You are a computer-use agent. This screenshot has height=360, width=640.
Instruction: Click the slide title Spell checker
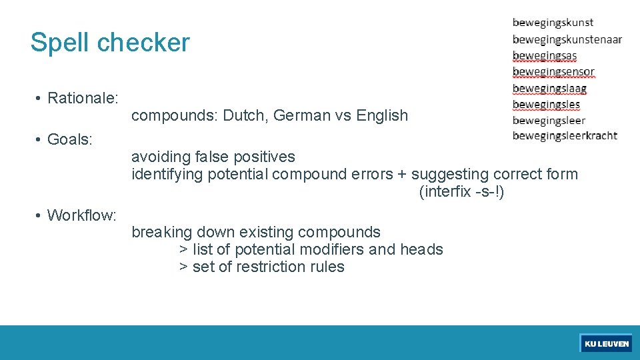click(110, 43)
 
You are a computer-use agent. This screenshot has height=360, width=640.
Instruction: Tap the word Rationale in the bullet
click(82, 99)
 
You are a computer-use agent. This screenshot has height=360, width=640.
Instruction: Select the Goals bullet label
click(70, 140)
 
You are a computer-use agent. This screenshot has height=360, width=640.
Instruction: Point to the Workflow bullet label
click(81, 216)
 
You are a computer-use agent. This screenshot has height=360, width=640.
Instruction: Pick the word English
click(382, 116)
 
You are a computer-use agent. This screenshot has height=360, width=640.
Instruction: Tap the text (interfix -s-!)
click(461, 192)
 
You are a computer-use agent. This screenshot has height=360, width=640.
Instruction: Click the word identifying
click(167, 175)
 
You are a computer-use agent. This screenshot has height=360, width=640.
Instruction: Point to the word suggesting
click(447, 175)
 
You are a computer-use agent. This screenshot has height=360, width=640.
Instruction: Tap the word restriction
click(261, 267)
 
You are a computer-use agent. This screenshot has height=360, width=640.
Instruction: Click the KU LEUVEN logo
click(606, 343)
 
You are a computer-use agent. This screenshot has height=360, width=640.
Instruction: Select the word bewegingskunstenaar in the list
click(567, 39)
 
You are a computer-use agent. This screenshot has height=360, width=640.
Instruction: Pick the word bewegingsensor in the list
click(553, 71)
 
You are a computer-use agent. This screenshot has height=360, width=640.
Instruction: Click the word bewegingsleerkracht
click(564, 136)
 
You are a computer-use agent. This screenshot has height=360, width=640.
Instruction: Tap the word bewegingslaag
click(549, 88)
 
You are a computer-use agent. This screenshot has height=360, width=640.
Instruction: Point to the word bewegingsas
click(544, 55)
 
